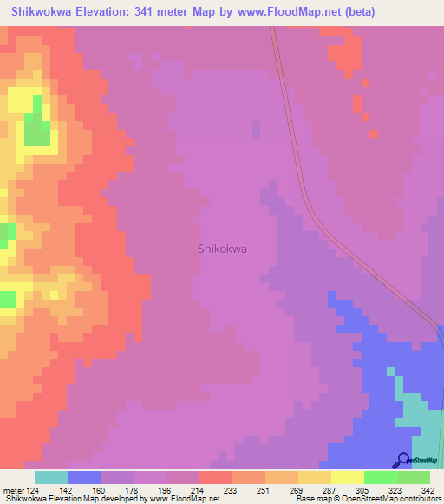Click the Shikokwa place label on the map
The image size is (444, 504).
222,249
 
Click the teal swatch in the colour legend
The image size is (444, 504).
51,477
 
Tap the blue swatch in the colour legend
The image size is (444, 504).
84,477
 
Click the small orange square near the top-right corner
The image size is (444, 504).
373,133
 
